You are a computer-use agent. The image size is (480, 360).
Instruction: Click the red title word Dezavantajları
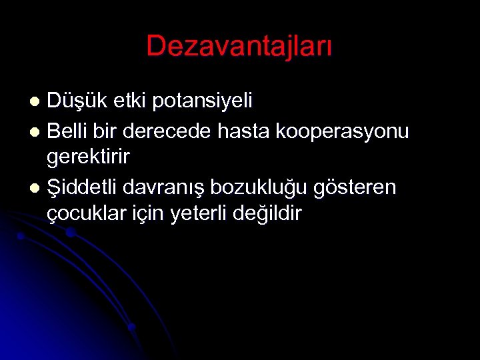pyautogui.click(x=239, y=47)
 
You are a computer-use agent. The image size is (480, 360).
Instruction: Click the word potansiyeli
pyautogui.click(x=203, y=102)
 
